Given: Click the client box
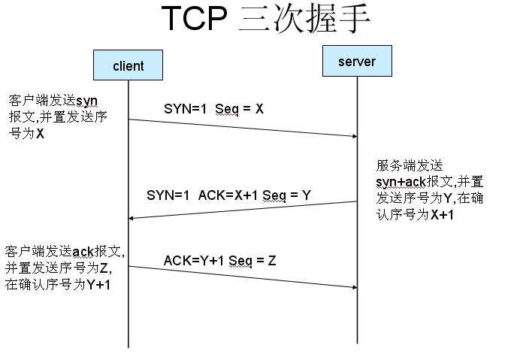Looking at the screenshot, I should click(x=128, y=65).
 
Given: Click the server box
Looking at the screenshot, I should click(x=357, y=61).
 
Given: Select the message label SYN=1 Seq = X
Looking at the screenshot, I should click(x=213, y=109).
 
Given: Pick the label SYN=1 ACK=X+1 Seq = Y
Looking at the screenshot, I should click(x=228, y=195).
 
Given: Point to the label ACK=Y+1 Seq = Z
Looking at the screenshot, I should click(x=219, y=261).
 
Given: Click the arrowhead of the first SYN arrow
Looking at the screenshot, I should click(x=352, y=136).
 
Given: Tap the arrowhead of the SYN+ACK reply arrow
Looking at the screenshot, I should click(x=132, y=218).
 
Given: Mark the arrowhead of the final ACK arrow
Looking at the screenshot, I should click(x=352, y=286).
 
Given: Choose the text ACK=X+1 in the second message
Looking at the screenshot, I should click(x=228, y=195).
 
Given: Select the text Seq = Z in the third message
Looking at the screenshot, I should click(x=252, y=261).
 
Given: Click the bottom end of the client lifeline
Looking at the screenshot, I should click(x=128, y=346).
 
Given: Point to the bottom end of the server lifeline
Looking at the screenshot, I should click(x=357, y=346).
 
